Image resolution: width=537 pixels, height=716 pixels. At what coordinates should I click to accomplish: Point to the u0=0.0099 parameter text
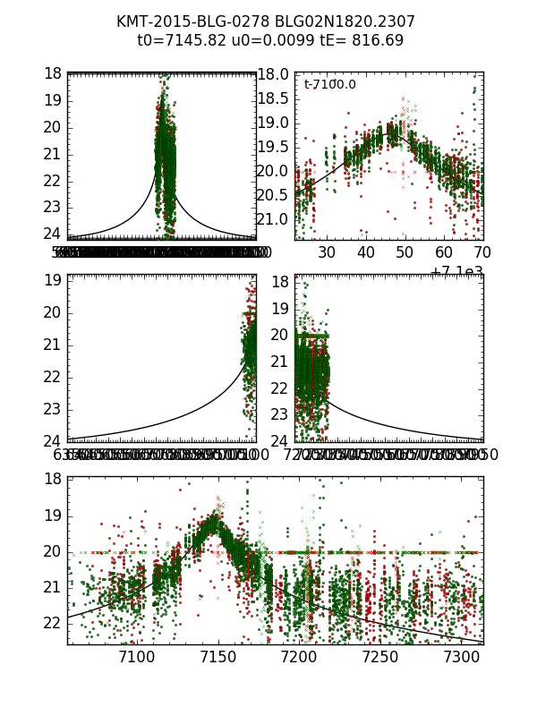(x=262, y=40)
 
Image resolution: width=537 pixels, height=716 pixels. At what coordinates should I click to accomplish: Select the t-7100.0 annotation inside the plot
(x=329, y=84)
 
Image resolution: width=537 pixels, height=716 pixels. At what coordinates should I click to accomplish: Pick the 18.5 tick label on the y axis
(x=273, y=98)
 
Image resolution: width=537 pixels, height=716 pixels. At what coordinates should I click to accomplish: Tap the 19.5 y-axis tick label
(x=273, y=147)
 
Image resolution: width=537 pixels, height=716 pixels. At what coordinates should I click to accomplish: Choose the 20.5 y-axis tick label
(x=273, y=195)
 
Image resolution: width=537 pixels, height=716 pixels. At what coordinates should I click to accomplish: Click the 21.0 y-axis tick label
(x=273, y=219)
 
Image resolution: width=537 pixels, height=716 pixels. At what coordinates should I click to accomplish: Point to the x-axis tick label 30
(x=327, y=253)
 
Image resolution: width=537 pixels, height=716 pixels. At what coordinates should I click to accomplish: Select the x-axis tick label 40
(x=366, y=253)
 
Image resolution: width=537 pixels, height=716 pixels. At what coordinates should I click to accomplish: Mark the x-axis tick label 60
(x=444, y=253)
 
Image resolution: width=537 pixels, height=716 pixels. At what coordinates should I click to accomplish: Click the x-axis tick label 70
(x=482, y=253)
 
